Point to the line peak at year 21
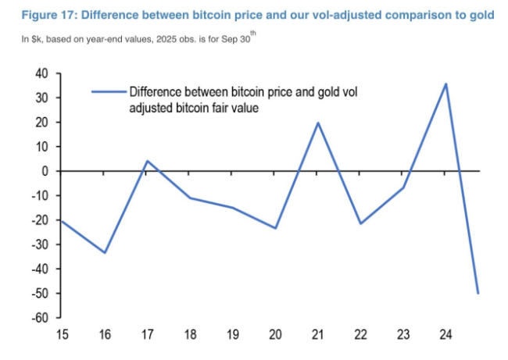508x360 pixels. (318, 123)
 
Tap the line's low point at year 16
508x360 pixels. (105, 252)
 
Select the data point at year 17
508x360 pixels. (147, 161)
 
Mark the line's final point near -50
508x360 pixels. (478, 293)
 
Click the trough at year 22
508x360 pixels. (361, 223)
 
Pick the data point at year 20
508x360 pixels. (276, 228)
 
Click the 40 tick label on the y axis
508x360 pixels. (41, 73)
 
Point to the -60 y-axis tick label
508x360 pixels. (38, 318)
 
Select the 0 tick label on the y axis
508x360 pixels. (45, 171)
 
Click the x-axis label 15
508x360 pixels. (62, 336)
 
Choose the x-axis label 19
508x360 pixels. (233, 336)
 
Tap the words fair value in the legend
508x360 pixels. (233, 109)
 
